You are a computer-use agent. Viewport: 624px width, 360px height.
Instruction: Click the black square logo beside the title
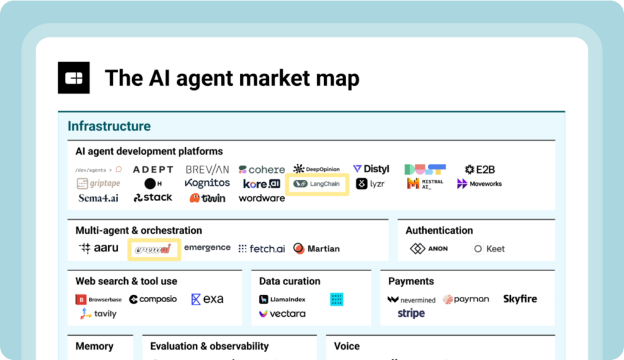point(74,78)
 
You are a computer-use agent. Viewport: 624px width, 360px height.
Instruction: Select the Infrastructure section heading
point(109,127)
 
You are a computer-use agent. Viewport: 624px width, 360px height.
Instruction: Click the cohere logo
point(261,169)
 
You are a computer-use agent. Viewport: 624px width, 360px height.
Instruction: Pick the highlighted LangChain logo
point(317,183)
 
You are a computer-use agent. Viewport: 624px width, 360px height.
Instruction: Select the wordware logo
point(261,198)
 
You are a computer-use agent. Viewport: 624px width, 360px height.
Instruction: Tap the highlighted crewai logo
point(154,249)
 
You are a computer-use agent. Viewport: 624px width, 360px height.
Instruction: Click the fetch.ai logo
point(261,249)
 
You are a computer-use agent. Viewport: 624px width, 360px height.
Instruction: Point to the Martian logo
point(316,249)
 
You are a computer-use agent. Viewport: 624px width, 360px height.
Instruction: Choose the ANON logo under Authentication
point(429,249)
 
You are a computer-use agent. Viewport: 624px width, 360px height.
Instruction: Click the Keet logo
point(489,249)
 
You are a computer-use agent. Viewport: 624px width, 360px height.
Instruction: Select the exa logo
point(207,299)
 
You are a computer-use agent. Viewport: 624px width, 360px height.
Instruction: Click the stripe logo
point(411,314)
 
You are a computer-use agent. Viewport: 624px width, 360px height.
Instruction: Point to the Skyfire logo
point(520,299)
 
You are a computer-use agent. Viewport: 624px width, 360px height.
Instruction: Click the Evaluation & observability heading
point(209,346)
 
